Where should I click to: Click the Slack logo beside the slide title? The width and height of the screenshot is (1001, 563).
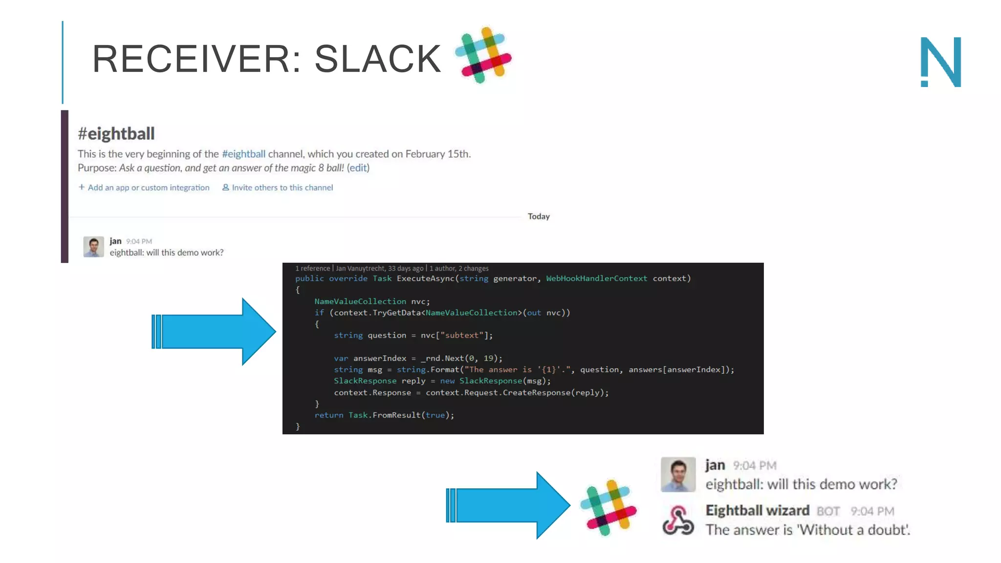[x=483, y=55]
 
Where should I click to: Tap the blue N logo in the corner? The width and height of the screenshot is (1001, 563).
[x=941, y=62]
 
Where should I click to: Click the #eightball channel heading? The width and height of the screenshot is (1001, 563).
[x=116, y=133]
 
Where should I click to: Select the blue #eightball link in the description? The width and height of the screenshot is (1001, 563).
[x=243, y=154]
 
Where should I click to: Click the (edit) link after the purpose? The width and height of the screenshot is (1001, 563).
[x=358, y=168]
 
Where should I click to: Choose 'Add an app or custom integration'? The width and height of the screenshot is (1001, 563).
[x=144, y=188]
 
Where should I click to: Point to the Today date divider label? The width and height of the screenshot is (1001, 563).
[x=539, y=217]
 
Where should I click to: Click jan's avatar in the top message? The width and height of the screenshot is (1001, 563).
[x=93, y=247]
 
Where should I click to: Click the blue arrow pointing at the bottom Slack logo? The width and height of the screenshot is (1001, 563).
[x=508, y=505]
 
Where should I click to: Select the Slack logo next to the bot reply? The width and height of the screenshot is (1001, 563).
[x=608, y=508]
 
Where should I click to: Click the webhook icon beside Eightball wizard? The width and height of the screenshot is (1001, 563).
[x=678, y=521]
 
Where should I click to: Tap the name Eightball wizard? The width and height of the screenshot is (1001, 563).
[x=757, y=511]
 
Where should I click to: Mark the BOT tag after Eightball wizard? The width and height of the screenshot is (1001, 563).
[x=828, y=511]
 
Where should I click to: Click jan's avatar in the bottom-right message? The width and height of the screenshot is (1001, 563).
[x=678, y=475]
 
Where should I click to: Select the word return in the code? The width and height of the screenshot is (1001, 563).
[x=328, y=415]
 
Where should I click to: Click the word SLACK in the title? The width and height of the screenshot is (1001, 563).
[x=377, y=59]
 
